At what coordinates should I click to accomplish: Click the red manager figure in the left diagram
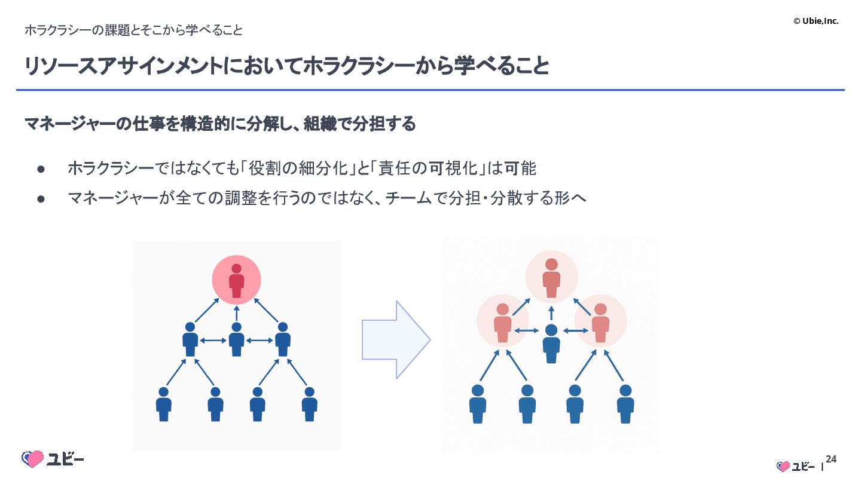(x=237, y=280)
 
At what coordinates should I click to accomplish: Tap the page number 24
(x=831, y=460)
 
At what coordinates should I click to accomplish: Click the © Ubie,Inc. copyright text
(x=816, y=21)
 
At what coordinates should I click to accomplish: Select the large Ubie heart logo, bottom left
(x=33, y=459)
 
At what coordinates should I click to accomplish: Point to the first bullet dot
(x=41, y=169)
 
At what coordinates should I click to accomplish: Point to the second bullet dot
(x=41, y=198)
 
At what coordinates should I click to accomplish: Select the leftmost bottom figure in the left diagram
(x=164, y=404)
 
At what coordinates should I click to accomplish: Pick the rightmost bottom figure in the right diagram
(x=625, y=404)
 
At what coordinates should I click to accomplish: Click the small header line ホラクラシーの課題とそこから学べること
(x=133, y=30)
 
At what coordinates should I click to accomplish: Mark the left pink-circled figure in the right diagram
(x=502, y=322)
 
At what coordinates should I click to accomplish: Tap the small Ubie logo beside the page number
(x=795, y=467)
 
